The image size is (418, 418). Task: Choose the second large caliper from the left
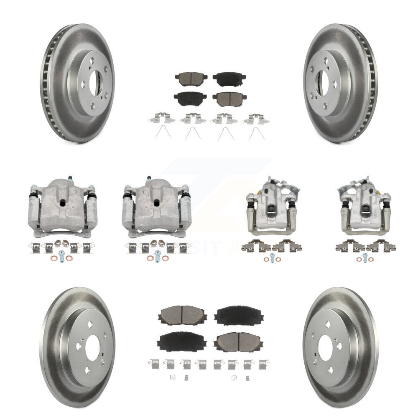[x=156, y=207]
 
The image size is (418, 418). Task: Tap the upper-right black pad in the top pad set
[x=229, y=79]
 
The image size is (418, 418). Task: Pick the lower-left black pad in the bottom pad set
[x=176, y=342]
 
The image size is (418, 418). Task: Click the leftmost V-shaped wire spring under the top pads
[x=159, y=133]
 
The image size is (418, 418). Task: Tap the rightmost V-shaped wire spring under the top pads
[x=255, y=133]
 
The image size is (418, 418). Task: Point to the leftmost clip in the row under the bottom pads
[x=153, y=364]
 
